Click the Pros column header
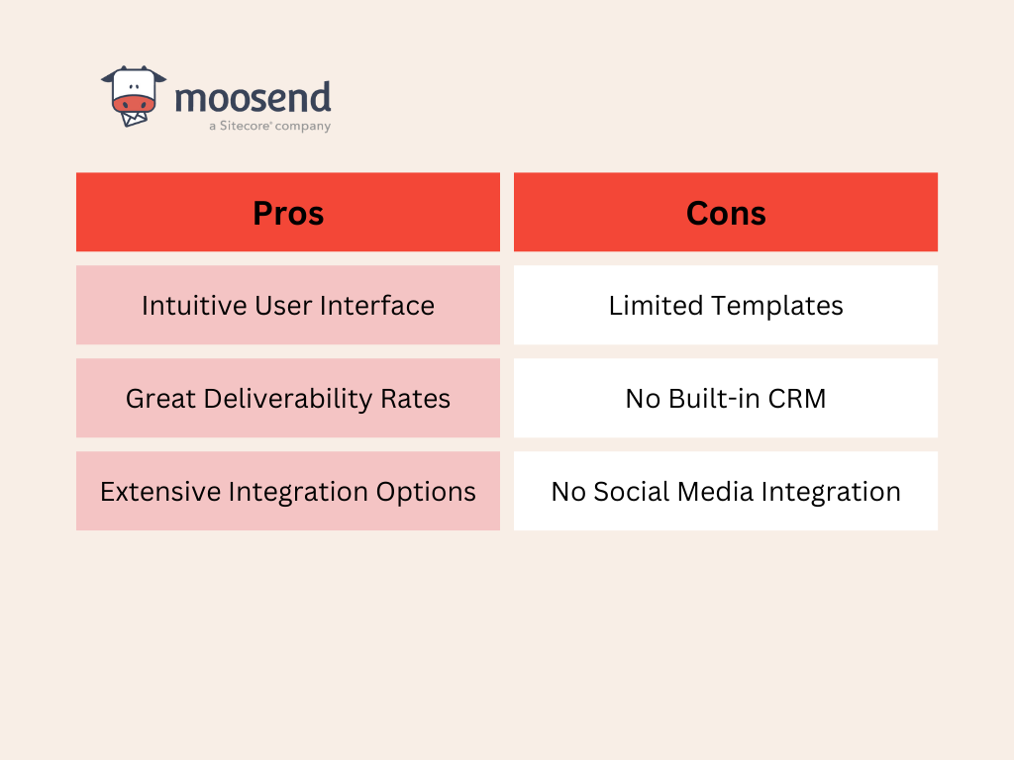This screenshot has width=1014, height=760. coord(288,213)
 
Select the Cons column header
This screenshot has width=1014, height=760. coord(726,213)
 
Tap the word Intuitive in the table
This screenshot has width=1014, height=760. coord(194,306)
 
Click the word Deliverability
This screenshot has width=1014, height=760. coord(288,399)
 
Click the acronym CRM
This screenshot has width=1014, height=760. coord(797,399)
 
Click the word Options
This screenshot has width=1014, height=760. coord(426,493)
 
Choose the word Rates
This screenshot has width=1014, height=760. coord(415,399)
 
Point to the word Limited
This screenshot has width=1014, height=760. coord(656,306)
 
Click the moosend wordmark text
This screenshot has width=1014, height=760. coord(253,98)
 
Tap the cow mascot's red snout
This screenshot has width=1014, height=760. coord(134,104)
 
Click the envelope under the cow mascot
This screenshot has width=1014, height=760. coord(135,119)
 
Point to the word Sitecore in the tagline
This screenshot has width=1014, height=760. coord(246,126)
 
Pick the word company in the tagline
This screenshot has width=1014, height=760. coord(303,127)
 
